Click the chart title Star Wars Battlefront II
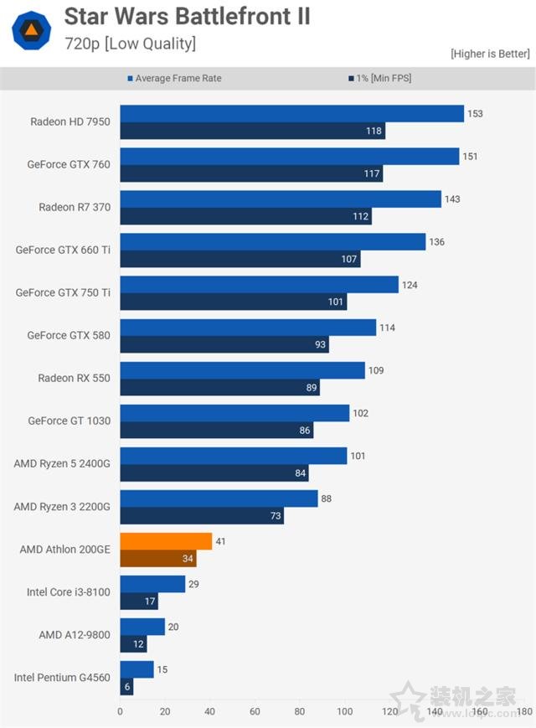tap(187, 16)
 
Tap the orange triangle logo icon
tap(30, 31)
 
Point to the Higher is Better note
tap(490, 54)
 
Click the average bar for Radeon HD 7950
tap(291, 114)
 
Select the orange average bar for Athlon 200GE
tap(166, 541)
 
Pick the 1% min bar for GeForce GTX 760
tap(251, 173)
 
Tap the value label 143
tap(453, 199)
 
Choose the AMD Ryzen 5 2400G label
tap(62, 463)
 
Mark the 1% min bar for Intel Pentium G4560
tap(126, 686)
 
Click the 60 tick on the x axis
tap(255, 711)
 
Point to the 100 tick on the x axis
tap(345, 711)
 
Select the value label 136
tap(437, 242)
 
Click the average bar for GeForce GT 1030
tap(234, 413)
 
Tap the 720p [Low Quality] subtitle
tap(130, 44)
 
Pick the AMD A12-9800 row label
tap(74, 635)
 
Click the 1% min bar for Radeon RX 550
tap(219, 387)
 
